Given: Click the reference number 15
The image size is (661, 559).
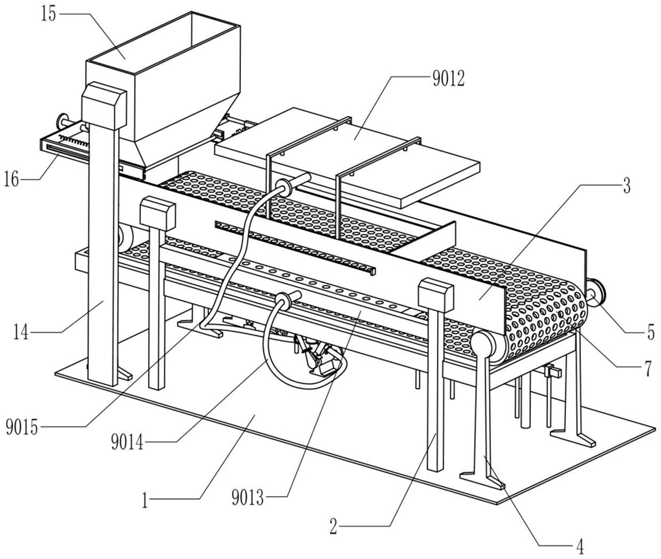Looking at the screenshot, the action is (48, 14).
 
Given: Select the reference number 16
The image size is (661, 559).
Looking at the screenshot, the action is (12, 180).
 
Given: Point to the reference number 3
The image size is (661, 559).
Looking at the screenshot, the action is (626, 185).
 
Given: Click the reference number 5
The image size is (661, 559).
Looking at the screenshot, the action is (651, 333).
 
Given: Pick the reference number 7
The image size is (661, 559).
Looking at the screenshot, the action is (648, 368).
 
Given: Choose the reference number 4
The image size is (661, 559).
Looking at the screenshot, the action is (580, 547).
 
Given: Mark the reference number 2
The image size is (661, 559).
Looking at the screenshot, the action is (334, 526).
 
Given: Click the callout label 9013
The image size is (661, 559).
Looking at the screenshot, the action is (248, 498).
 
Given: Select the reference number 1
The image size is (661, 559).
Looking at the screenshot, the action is (145, 501).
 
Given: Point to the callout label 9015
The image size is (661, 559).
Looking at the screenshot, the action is (22, 429).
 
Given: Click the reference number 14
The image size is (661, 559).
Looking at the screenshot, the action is (21, 333).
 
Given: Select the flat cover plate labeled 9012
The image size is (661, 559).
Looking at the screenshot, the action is (346, 156).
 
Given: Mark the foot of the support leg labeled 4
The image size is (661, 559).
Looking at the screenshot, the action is (482, 480).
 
